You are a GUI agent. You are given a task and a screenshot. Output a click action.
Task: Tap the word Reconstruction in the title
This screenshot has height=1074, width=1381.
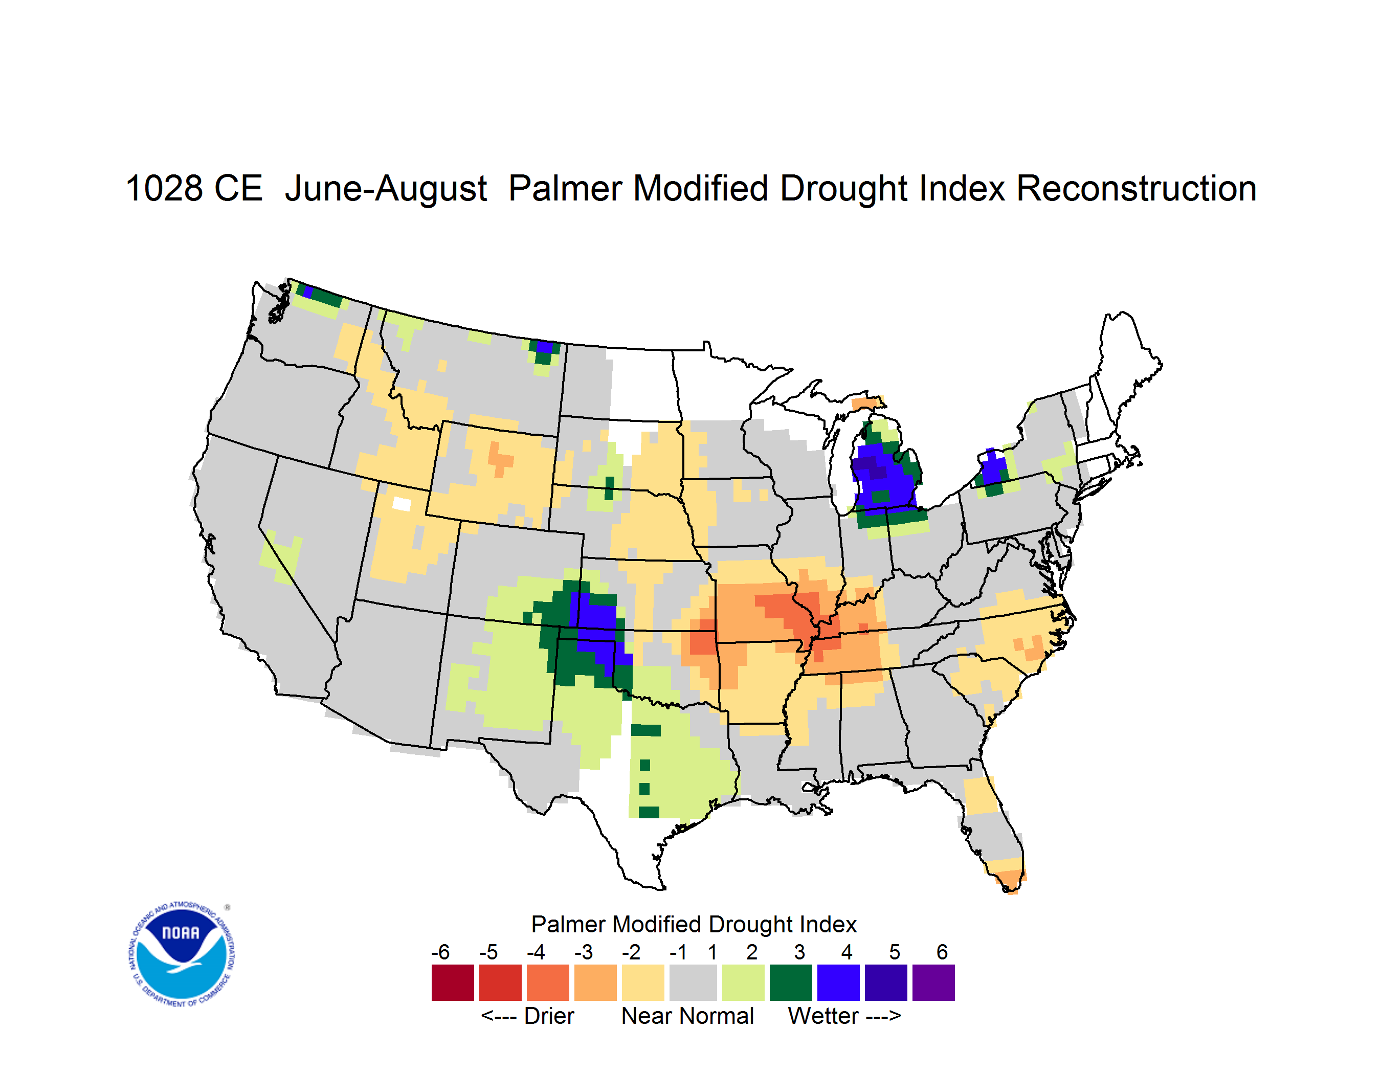(1137, 188)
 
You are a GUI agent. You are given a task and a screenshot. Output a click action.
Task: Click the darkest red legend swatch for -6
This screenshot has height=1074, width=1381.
(453, 982)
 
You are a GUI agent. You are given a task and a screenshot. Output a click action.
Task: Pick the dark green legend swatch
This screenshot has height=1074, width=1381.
(790, 982)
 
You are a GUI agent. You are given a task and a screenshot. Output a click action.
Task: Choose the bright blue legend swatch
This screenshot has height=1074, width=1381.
(838, 982)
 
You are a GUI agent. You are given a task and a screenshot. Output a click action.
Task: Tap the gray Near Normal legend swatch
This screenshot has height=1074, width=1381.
(693, 982)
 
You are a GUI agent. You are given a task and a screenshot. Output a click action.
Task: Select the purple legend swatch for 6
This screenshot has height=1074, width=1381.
(933, 982)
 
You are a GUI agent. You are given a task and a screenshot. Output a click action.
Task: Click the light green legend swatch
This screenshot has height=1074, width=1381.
(743, 982)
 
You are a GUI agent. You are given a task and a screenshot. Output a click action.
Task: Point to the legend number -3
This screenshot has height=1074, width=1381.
(584, 952)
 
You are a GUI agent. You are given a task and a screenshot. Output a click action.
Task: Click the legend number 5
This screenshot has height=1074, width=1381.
(895, 952)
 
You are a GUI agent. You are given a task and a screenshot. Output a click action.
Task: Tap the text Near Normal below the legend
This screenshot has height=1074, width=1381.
(687, 1016)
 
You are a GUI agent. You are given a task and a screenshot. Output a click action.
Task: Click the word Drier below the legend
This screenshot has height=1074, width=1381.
(549, 1016)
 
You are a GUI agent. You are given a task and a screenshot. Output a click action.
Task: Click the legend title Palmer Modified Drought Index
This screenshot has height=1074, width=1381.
(694, 924)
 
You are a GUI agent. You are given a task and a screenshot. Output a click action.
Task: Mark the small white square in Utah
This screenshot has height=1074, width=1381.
(402, 504)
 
